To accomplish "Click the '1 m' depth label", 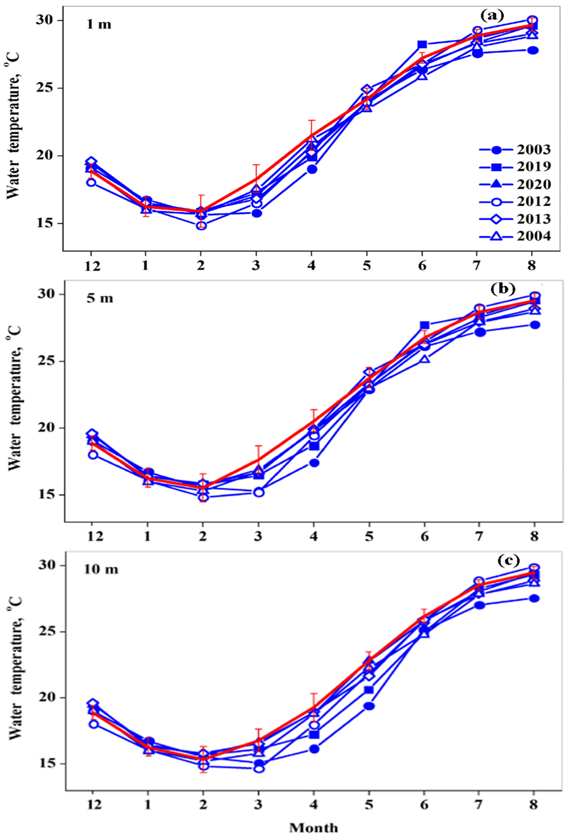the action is [99, 25].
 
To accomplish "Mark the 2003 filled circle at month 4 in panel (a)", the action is [312, 169].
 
